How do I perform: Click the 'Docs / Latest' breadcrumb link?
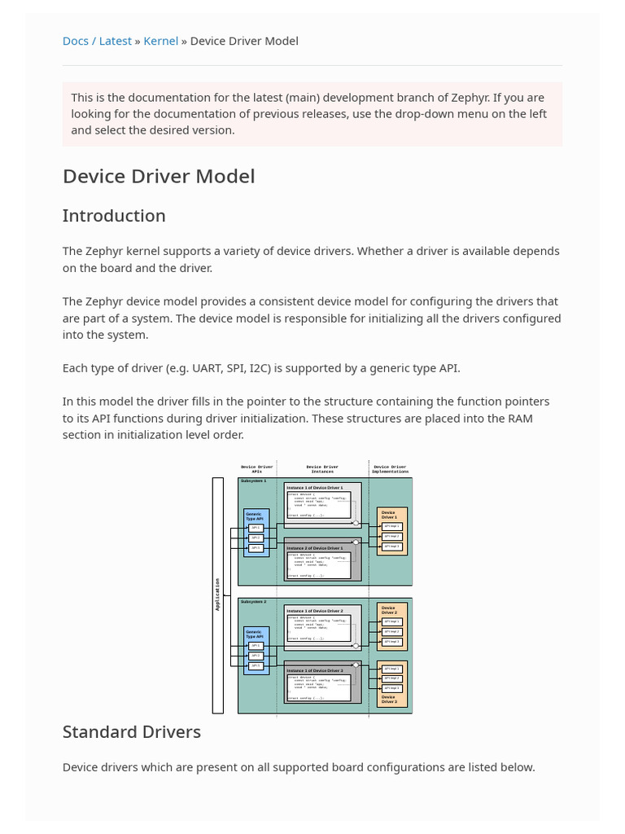(x=97, y=41)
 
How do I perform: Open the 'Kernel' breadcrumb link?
(x=161, y=41)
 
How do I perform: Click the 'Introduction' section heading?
(x=114, y=216)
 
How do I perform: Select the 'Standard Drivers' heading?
(x=132, y=731)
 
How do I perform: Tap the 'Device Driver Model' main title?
(x=159, y=176)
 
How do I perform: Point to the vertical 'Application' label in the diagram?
(x=217, y=595)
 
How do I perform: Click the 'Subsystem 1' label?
(x=253, y=481)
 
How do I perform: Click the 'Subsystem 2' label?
(x=253, y=602)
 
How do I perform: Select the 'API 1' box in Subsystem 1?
(x=256, y=528)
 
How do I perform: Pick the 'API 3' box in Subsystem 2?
(x=256, y=665)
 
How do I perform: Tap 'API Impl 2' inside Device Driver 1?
(x=392, y=537)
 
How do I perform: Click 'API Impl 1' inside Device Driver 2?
(x=392, y=622)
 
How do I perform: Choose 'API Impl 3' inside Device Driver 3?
(x=392, y=688)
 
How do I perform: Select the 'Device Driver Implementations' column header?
(x=390, y=469)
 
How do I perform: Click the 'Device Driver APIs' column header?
(x=257, y=469)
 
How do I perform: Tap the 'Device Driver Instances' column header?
(x=322, y=469)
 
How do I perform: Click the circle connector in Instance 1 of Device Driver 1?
(x=356, y=523)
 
